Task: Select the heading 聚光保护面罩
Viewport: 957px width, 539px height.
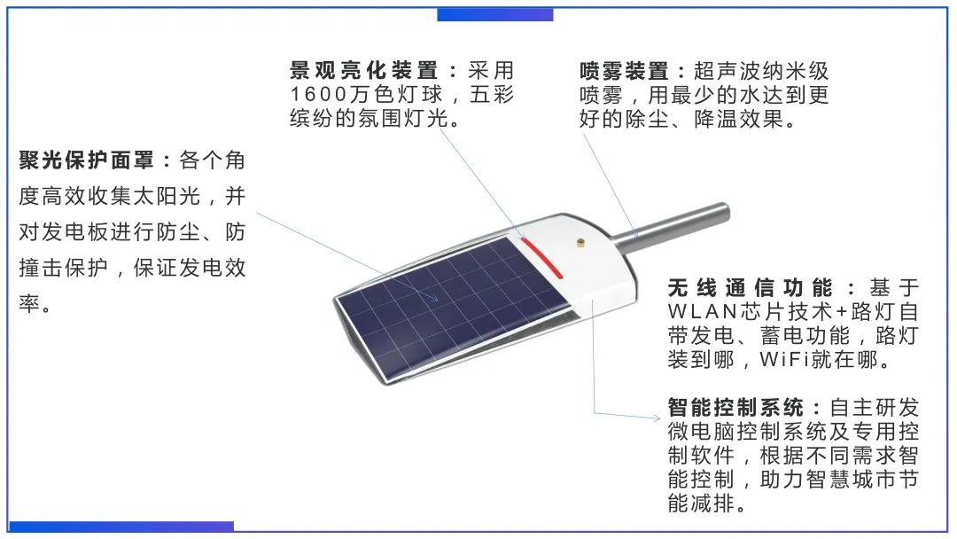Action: click(88, 161)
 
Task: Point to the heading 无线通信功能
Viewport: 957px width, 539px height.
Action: click(750, 287)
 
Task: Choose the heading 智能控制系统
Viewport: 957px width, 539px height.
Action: click(735, 408)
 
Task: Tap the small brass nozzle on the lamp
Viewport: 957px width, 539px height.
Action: click(580, 241)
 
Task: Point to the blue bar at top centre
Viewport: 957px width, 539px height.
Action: click(494, 14)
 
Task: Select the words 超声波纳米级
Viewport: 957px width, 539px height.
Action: click(761, 71)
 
